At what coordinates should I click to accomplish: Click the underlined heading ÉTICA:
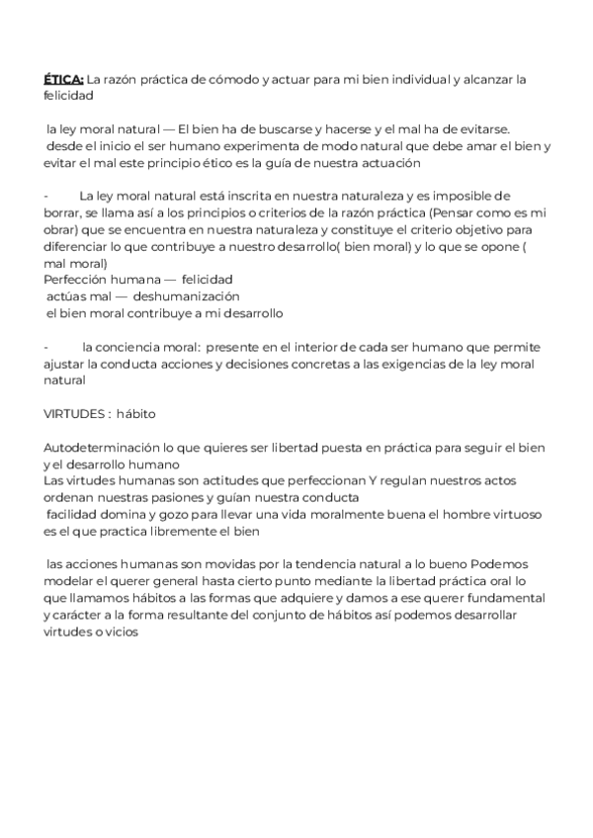point(64,79)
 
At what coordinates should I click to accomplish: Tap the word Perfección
point(77,281)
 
